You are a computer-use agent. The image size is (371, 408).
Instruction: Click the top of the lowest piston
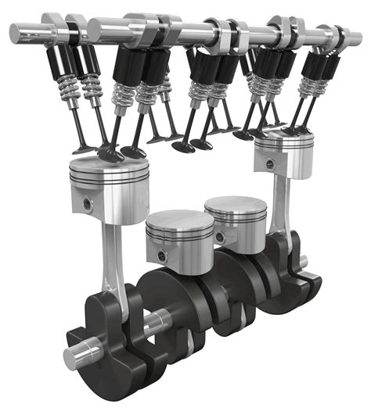(179, 221)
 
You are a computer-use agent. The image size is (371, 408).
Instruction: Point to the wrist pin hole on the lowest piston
(160, 256)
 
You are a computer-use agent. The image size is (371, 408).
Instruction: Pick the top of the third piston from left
(235, 206)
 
